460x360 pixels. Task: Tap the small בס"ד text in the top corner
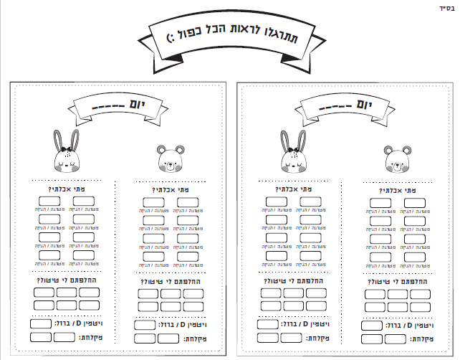point(444,8)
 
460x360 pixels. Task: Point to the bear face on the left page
point(169,160)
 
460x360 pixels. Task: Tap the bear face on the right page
point(396,160)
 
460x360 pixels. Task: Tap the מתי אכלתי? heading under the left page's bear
point(168,191)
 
